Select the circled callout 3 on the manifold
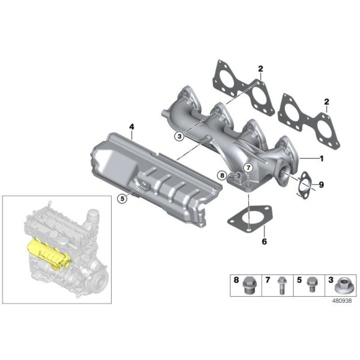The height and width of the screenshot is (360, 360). [x=179, y=136]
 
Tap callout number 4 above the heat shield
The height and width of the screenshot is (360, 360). [x=132, y=127]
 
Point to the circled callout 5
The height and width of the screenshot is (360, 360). [x=122, y=199]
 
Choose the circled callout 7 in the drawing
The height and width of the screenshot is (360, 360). [x=247, y=168]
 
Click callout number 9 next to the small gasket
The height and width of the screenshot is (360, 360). [x=322, y=184]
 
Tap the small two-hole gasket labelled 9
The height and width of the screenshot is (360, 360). [x=304, y=187]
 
